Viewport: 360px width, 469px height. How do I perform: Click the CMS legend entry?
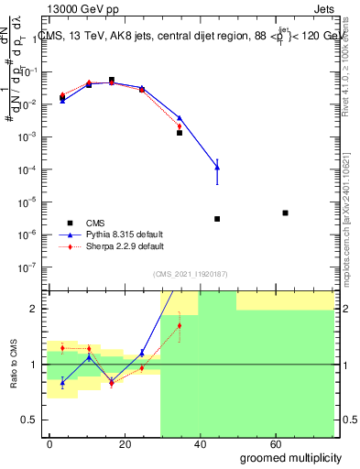click(x=94, y=223)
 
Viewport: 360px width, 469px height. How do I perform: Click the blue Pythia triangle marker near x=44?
click(x=217, y=167)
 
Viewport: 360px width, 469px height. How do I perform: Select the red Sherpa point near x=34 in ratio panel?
click(x=180, y=325)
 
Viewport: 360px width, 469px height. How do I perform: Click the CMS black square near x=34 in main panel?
click(x=180, y=133)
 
